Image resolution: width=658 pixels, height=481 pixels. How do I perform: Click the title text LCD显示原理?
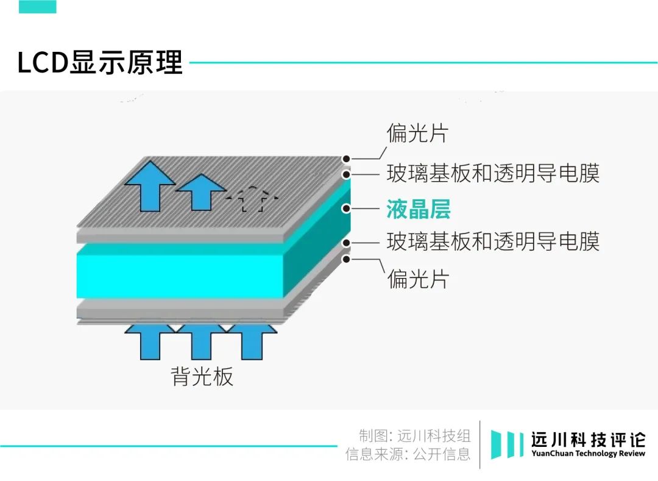click(100, 63)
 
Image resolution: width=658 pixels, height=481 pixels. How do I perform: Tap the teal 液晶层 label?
click(418, 209)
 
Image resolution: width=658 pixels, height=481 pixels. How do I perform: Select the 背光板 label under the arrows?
click(202, 376)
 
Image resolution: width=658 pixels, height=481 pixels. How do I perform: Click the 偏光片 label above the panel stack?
click(418, 133)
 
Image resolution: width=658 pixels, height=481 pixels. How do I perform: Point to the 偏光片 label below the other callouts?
click(418, 279)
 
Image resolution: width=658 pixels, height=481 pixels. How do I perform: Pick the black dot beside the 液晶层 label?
click(346, 208)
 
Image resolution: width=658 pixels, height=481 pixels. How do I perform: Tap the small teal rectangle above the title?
click(37, 7)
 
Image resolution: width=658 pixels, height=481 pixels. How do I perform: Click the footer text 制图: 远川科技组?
click(414, 435)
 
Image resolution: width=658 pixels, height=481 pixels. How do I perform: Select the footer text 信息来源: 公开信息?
click(408, 454)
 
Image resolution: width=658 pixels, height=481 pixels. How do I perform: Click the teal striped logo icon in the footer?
click(507, 444)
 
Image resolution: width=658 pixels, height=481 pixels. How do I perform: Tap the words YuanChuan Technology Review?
click(587, 454)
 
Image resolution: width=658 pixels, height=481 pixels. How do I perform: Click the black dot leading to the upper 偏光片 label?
click(346, 159)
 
